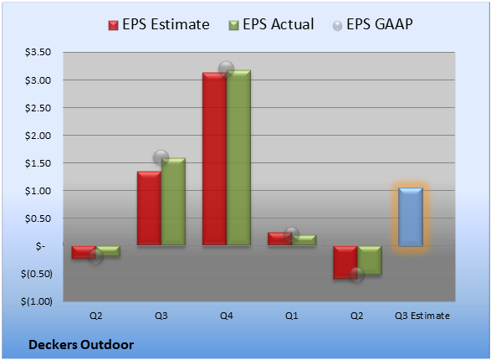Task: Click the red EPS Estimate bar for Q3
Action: coord(149,208)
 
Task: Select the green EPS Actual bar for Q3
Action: coord(173,202)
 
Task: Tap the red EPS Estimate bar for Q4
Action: coord(214,159)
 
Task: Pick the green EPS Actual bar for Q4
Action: coord(238,157)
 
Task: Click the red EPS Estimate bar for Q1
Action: coord(279,239)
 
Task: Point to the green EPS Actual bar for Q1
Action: coord(304,240)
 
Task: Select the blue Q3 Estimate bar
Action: coord(411,217)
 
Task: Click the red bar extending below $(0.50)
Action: coord(345,262)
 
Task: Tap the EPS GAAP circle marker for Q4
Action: coord(226,69)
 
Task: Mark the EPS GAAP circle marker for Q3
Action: coord(161,157)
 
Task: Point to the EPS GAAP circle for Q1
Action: coord(292,234)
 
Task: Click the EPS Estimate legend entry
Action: coord(159,24)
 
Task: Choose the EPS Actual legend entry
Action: coord(271,24)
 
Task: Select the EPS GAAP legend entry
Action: coord(372,24)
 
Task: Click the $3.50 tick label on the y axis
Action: coord(38,52)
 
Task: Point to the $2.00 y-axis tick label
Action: coord(38,136)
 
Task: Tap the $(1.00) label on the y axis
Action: coord(37,301)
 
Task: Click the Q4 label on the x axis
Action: coord(227,316)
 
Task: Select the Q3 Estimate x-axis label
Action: coord(422,316)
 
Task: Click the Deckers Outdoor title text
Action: coord(81,345)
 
